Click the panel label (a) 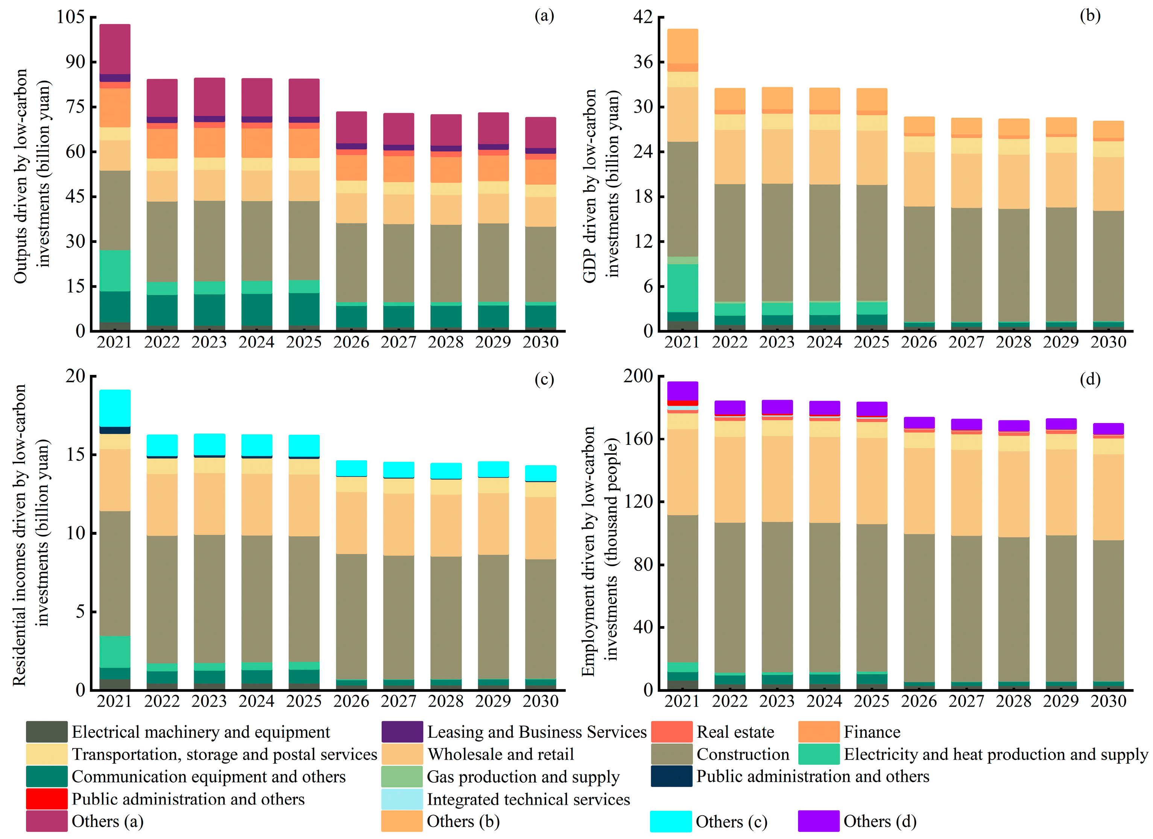pyautogui.click(x=544, y=16)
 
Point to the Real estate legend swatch pyautogui.click(x=671, y=732)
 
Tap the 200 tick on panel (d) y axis pyautogui.click(x=638, y=376)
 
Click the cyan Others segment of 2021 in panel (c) pyautogui.click(x=115, y=408)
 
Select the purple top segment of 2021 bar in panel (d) pyautogui.click(x=682, y=391)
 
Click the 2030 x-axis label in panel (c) pyautogui.click(x=541, y=701)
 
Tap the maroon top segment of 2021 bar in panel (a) pyautogui.click(x=115, y=49)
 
